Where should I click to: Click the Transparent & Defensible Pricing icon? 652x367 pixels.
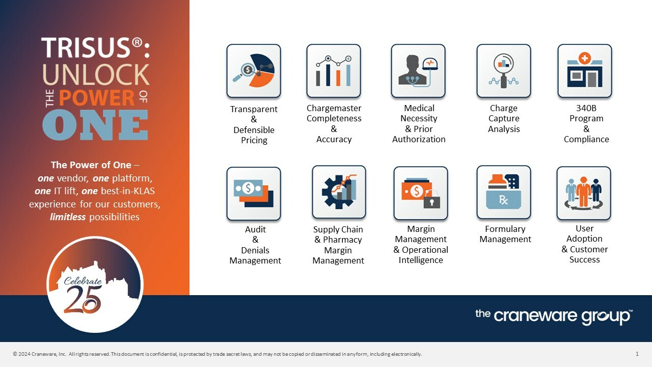coord(254,71)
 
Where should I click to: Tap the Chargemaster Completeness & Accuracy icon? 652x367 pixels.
coord(334,71)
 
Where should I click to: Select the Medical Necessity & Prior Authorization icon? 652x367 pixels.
coord(418,71)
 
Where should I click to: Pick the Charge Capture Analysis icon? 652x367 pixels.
coord(504,71)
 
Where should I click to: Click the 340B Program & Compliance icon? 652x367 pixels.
coord(584,71)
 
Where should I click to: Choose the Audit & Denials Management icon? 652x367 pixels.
coord(254,194)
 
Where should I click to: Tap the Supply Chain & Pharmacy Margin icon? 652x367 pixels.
coord(339,192)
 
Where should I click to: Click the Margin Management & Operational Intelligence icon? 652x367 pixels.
coord(421,193)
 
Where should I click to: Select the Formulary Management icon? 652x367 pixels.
coord(504,192)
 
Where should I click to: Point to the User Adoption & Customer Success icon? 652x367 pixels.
coord(584,193)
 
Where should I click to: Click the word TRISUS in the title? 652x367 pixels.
coord(86,48)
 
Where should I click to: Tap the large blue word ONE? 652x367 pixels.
coord(95,125)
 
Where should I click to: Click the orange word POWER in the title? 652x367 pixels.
coord(97,98)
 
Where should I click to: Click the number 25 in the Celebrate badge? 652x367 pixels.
coord(83,300)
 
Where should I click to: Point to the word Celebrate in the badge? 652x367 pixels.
coord(83,281)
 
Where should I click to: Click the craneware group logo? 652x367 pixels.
coord(554,317)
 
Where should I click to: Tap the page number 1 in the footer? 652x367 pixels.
coord(637,354)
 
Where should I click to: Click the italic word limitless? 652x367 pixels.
coord(68,217)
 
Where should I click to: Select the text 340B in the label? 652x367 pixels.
coord(586,108)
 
